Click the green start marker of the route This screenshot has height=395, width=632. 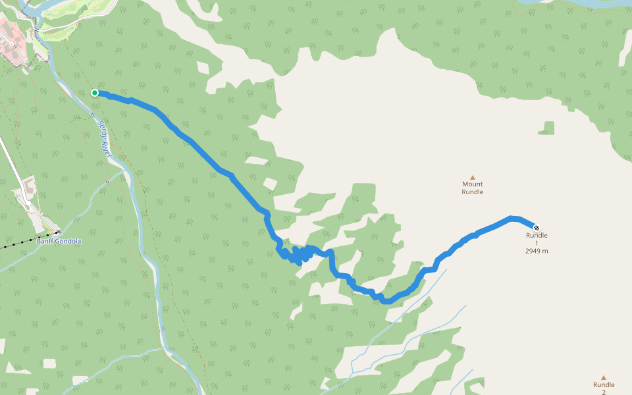click(x=95, y=93)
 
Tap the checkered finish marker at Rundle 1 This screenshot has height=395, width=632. click(x=536, y=227)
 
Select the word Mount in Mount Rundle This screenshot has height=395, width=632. click(x=472, y=184)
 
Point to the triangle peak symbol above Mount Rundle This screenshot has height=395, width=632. click(x=472, y=177)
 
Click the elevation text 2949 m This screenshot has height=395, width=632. click(x=537, y=251)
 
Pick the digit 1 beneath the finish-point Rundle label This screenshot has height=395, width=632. click(x=537, y=243)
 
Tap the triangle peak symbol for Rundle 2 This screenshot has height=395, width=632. click(x=603, y=378)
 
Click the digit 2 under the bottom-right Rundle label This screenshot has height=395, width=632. click(x=603, y=392)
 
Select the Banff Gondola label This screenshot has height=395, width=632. click(x=59, y=241)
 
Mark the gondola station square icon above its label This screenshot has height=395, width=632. click(x=58, y=232)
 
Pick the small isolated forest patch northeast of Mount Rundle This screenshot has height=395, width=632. click(x=546, y=128)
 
